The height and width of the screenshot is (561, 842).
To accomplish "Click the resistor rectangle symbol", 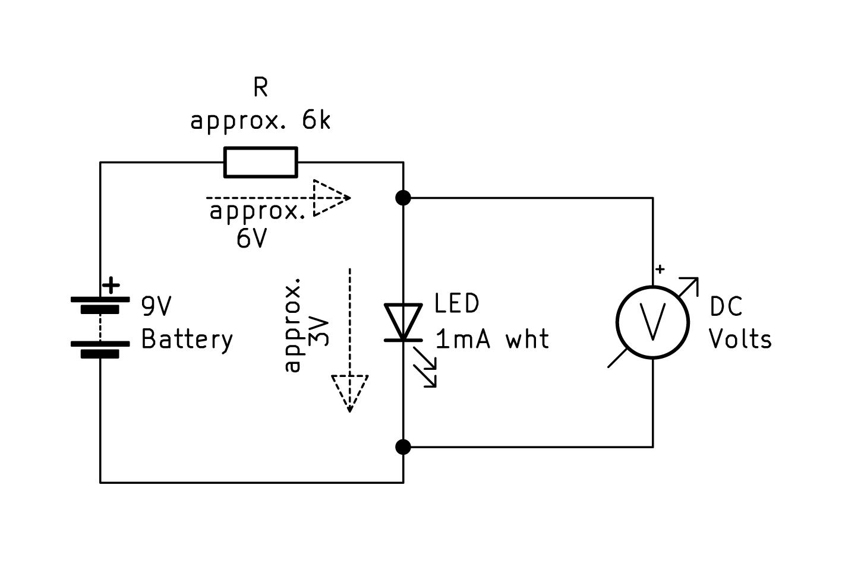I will click(260, 162).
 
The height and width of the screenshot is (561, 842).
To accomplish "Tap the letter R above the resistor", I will click(260, 87).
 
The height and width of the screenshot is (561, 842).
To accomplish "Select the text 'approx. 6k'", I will click(260, 121).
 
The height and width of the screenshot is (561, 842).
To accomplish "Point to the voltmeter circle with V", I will click(652, 322).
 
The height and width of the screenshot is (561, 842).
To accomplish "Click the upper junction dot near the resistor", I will click(403, 198).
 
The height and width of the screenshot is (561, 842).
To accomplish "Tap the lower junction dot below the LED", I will click(403, 446).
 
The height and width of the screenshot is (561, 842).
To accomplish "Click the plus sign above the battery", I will click(111, 286).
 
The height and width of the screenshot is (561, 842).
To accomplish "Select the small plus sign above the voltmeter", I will click(660, 270).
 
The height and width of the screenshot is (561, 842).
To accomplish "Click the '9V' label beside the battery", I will click(156, 306).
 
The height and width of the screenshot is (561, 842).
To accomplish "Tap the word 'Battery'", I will click(187, 340).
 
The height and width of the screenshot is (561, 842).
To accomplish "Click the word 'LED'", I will click(456, 304).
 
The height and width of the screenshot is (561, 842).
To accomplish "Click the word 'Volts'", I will click(740, 340).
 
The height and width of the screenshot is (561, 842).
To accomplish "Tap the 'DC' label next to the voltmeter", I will click(726, 307).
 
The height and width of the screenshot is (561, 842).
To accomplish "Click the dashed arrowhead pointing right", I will click(331, 198).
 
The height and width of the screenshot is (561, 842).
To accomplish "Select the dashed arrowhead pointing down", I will click(350, 392).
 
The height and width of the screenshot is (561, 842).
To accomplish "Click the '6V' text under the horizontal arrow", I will click(251, 239).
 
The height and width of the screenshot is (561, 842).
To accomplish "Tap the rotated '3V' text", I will click(320, 331).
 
